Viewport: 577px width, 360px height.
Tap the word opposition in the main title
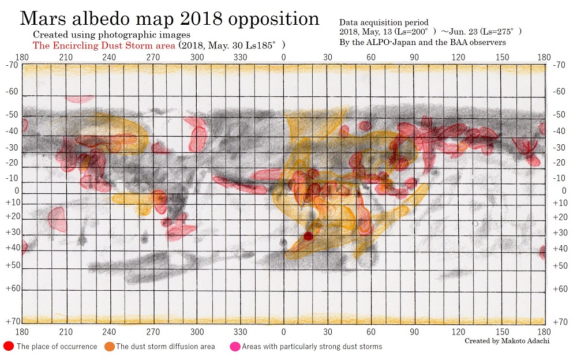(273, 19)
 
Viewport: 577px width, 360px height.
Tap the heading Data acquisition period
(384, 22)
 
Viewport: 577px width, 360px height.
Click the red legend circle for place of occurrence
(9, 346)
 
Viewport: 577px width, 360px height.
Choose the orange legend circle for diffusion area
(109, 346)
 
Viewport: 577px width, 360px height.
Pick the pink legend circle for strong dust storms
(235, 346)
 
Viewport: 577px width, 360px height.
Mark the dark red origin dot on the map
(308, 236)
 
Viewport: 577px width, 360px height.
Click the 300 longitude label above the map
(197, 57)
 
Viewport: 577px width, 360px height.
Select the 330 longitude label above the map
(241, 57)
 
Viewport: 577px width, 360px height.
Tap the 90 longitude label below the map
(414, 332)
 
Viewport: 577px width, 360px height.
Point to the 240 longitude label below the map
(109, 332)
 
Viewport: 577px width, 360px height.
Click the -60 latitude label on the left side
(12, 92)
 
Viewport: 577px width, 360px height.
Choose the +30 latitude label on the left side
(12, 232)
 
